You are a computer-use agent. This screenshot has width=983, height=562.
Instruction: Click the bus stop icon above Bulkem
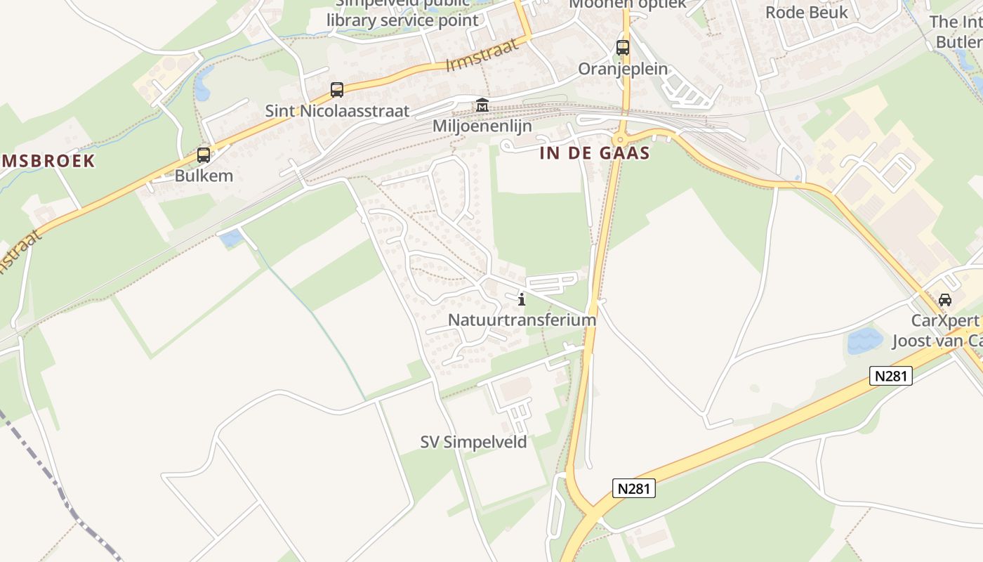point(204,155)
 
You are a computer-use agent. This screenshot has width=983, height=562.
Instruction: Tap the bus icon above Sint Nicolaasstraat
point(337,90)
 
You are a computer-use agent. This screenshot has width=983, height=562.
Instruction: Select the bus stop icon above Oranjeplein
point(623,48)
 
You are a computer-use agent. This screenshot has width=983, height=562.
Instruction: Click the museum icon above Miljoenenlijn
point(482,105)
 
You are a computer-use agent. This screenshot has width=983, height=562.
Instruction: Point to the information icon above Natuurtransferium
point(521,300)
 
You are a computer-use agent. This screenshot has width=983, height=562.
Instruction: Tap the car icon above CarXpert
point(945,300)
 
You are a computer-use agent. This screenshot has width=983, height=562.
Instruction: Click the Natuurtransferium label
point(522,320)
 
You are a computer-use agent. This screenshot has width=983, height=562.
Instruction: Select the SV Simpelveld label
point(473,442)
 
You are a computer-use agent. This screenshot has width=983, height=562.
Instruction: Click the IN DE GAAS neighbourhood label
point(595,153)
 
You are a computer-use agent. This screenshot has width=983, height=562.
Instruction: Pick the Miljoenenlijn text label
point(482,126)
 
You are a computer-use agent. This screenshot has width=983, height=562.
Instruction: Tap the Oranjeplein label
point(623,69)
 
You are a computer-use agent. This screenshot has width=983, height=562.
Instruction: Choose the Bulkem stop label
point(204,176)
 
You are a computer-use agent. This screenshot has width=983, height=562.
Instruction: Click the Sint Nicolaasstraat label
point(337,111)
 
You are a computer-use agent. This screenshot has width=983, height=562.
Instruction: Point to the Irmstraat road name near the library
point(482,54)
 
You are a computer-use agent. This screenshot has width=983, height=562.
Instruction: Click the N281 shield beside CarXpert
point(891,376)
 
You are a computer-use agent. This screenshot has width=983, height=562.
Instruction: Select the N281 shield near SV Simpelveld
point(634,488)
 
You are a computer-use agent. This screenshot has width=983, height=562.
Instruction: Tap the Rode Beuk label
point(807,12)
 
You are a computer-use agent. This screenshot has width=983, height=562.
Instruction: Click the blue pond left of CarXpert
point(864,341)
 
